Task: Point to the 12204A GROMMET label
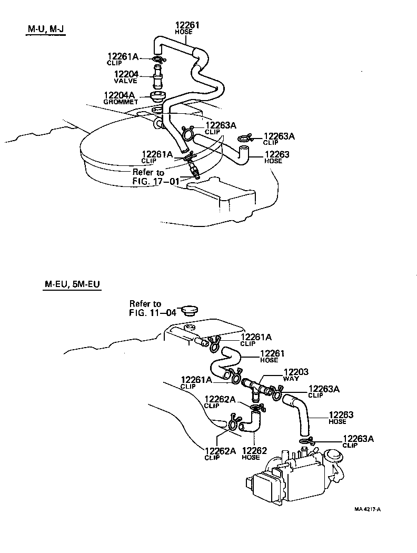tap(121, 97)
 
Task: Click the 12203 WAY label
tap(295, 374)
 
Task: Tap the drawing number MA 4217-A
tap(367, 509)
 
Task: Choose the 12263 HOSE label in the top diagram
tap(276, 157)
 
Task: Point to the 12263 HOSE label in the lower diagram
tap(341, 418)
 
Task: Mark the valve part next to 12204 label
tap(157, 78)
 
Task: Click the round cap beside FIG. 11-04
tap(186, 311)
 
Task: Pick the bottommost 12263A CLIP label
tap(358, 441)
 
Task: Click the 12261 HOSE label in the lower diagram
tap(272, 357)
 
